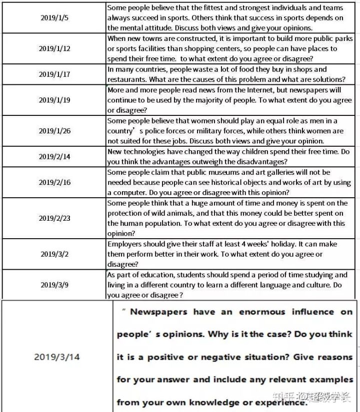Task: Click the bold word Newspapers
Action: [x=158, y=312]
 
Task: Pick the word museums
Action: [x=231, y=172]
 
